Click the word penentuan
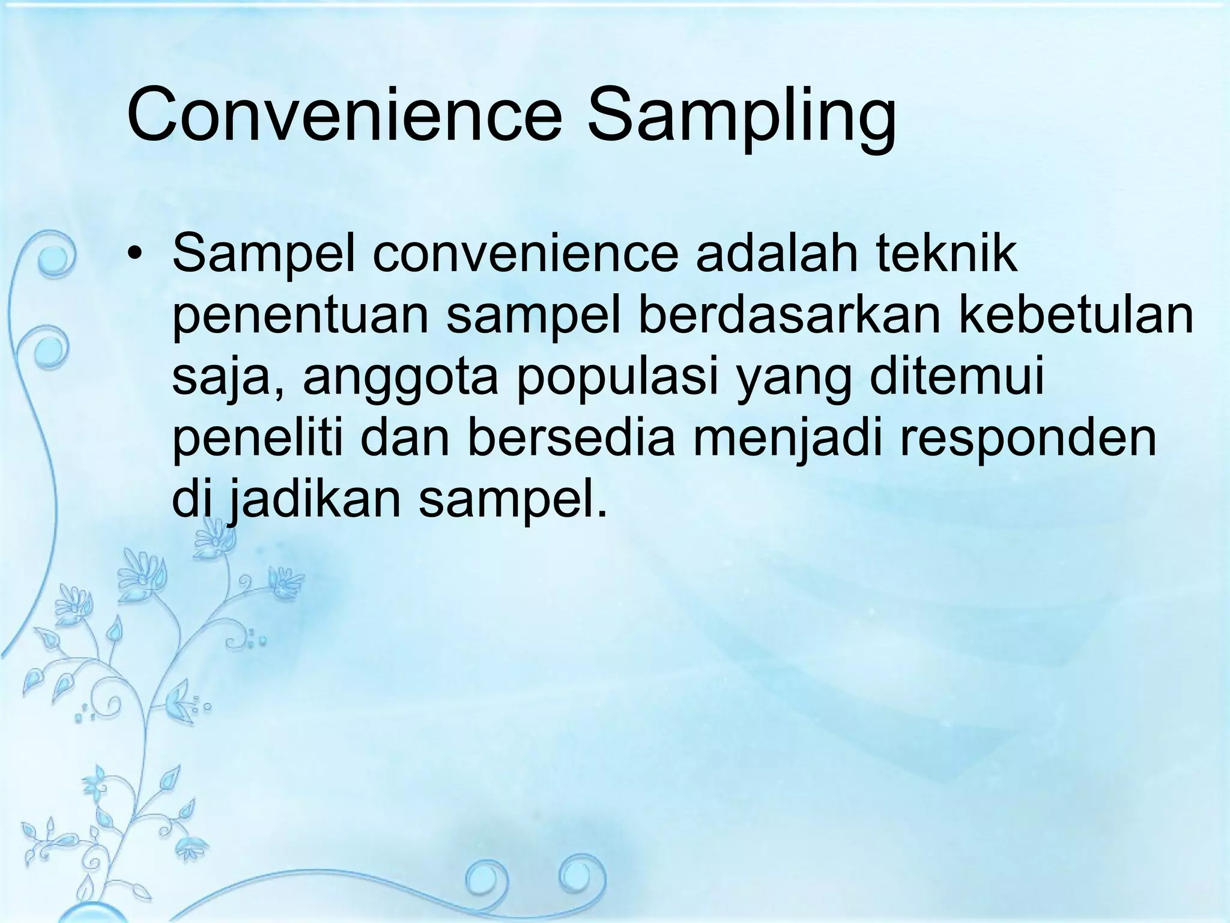click(x=300, y=318)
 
